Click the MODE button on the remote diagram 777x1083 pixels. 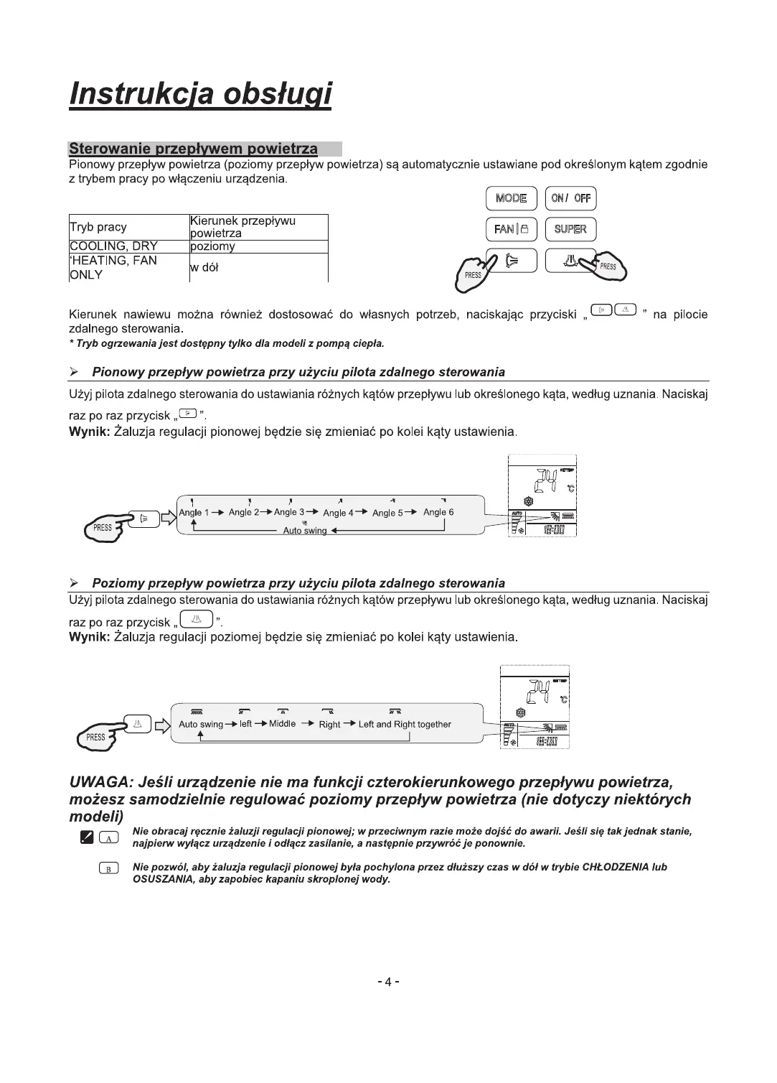point(511,198)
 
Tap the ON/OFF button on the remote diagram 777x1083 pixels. point(571,198)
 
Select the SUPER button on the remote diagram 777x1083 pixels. point(570,229)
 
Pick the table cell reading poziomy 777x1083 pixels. point(212,246)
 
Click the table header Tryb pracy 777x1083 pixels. point(98,227)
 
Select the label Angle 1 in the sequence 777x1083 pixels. point(194,512)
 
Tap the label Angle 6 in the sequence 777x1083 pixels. point(438,512)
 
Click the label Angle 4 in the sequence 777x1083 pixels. point(339,513)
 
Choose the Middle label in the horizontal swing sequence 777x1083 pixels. point(282,724)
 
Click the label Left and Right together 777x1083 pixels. point(405,724)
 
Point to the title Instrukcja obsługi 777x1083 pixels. point(200,94)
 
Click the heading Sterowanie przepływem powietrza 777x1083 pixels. point(193,149)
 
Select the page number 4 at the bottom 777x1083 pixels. point(388,982)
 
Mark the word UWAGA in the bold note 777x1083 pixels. point(98,781)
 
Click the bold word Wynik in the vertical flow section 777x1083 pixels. point(88,432)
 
